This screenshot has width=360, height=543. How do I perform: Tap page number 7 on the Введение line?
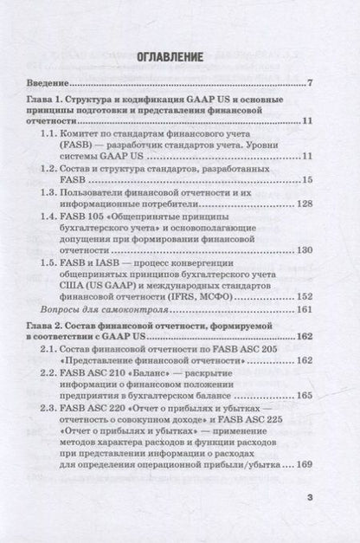309,85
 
